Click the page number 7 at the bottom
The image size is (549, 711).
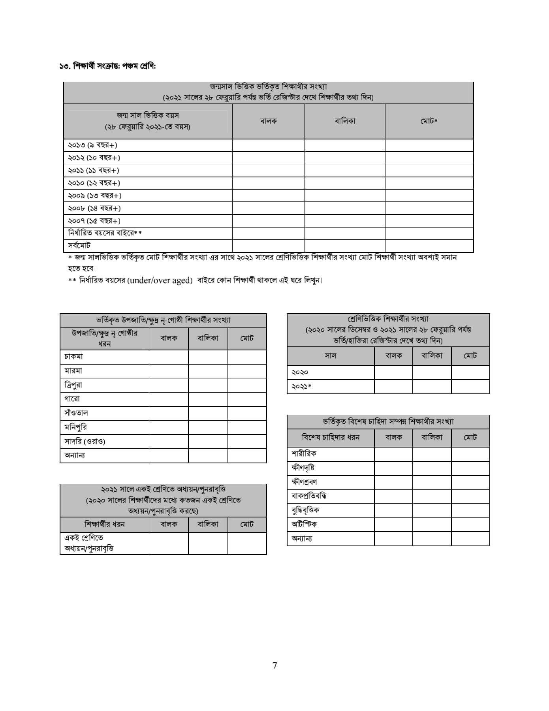pyautogui.click(x=274, y=665)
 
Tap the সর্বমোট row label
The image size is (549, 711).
pyautogui.click(x=79, y=246)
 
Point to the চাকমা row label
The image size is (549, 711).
pyautogui.click(x=74, y=356)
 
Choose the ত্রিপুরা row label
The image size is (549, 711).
pyautogui.click(x=73, y=385)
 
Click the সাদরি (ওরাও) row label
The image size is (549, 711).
pyautogui.click(x=85, y=441)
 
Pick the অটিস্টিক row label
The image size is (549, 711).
pyautogui.click(x=304, y=524)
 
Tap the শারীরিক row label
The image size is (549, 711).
pyautogui.click(x=304, y=453)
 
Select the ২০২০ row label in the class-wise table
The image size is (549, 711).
pyautogui.click(x=300, y=372)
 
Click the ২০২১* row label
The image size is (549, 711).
pyautogui.click(x=301, y=386)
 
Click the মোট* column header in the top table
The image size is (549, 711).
pyautogui.click(x=429, y=121)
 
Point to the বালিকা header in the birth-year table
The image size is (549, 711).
pyautogui.click(x=345, y=121)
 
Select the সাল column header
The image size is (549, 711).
pyautogui.click(x=330, y=355)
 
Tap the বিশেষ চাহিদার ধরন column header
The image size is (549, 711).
pyautogui.click(x=331, y=437)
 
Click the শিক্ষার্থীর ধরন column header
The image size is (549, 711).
pyautogui.click(x=104, y=524)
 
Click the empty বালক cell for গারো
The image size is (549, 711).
pyautogui.click(x=169, y=399)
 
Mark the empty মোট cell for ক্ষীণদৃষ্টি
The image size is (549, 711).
pyautogui.click(x=470, y=468)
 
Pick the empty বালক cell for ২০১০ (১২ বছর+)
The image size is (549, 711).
pyautogui.click(x=269, y=183)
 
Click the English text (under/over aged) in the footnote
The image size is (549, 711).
pyautogui.click(x=160, y=280)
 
